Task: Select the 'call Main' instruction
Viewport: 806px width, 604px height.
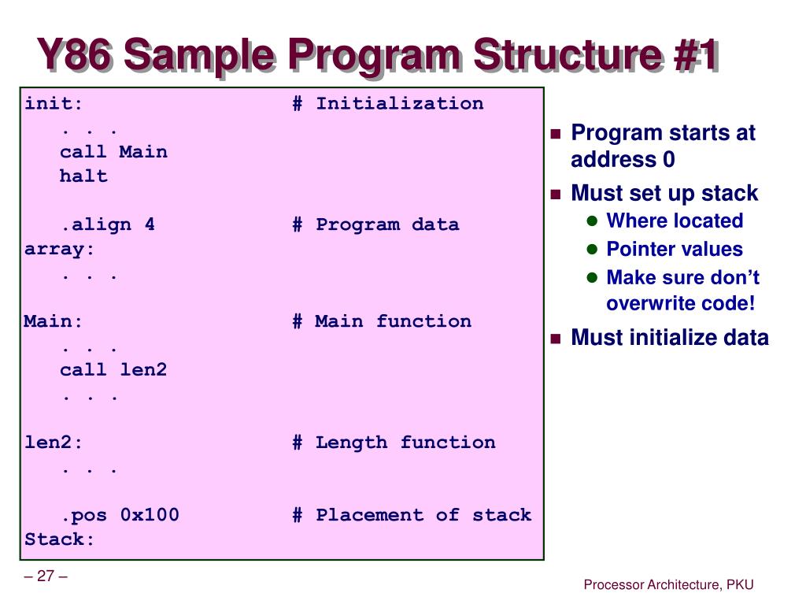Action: pyautogui.click(x=113, y=152)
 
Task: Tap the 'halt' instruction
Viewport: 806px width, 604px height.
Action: pyautogui.click(x=83, y=176)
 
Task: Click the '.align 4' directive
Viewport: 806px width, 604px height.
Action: pyautogui.click(x=108, y=224)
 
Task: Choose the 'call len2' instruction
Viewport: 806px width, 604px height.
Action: pyautogui.click(x=113, y=369)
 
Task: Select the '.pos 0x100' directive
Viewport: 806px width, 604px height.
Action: pyautogui.click(x=120, y=515)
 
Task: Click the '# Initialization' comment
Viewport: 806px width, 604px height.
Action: pyautogui.click(x=388, y=104)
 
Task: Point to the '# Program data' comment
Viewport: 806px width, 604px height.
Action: pyautogui.click(x=375, y=224)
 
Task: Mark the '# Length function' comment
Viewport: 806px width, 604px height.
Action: pyautogui.click(x=394, y=443)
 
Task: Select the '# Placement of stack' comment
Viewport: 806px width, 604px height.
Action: pyautogui.click(x=412, y=515)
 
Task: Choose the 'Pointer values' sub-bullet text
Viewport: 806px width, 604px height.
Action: pyautogui.click(x=674, y=250)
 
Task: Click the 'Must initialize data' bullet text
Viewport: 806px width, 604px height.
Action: pyautogui.click(x=669, y=338)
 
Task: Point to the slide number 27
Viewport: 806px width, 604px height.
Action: pyautogui.click(x=45, y=576)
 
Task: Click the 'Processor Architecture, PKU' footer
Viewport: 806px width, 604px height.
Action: pyautogui.click(x=668, y=584)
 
